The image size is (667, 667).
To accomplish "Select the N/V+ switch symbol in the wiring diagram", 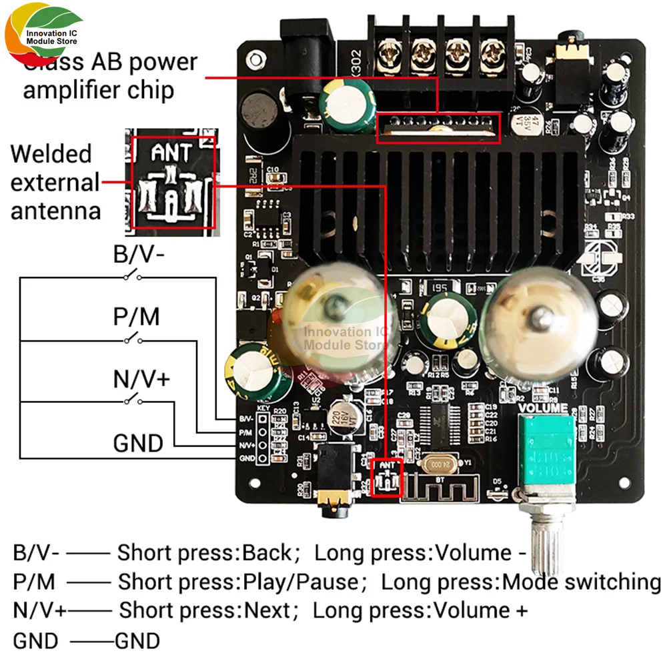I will (x=131, y=400).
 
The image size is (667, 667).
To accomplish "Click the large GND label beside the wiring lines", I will (x=138, y=443).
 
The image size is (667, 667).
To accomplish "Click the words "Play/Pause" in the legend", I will (x=300, y=582).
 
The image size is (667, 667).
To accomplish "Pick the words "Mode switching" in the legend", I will (x=581, y=582).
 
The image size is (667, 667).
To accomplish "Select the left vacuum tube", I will (x=337, y=320).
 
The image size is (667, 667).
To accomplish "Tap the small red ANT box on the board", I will (x=386, y=478).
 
